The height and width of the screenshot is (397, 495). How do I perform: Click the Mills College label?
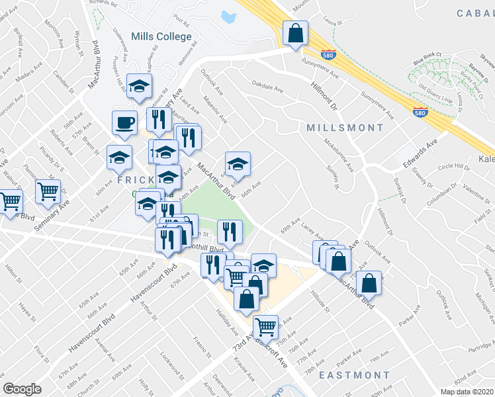click(161, 37)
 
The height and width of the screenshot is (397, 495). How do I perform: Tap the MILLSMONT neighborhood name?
click(345, 127)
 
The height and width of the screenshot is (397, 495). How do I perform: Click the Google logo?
click(22, 389)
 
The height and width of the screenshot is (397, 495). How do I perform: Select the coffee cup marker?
click(124, 122)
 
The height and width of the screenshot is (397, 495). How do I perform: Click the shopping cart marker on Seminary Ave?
click(48, 192)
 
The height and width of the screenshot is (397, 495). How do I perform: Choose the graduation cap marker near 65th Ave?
click(238, 163)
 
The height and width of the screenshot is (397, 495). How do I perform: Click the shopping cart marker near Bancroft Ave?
click(265, 326)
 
